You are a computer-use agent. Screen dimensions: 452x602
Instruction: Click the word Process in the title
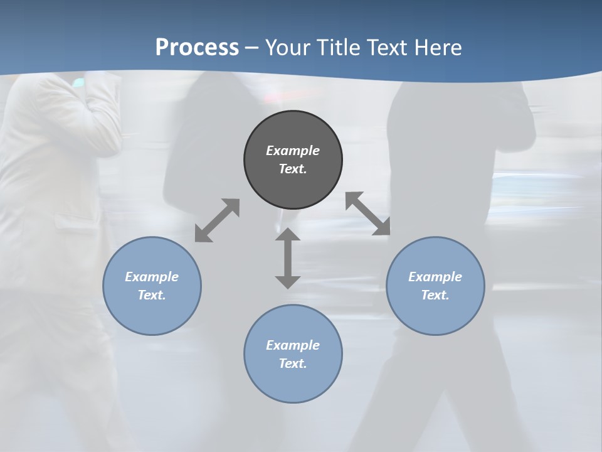point(197,48)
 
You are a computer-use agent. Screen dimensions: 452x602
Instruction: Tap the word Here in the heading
point(438,48)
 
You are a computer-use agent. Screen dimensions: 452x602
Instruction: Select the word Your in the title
point(288,48)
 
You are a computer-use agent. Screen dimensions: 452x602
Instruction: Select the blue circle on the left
point(152,314)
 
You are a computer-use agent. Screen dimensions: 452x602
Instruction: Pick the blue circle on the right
point(435,314)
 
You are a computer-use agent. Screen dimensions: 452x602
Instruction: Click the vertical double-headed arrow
point(288,258)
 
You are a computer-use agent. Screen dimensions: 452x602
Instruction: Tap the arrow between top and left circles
point(217,220)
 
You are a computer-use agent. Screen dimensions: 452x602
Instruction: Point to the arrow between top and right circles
point(368,213)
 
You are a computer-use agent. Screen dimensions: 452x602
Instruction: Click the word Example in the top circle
point(293,151)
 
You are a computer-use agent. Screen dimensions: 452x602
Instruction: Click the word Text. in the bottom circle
point(293,363)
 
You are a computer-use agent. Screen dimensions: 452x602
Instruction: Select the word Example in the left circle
point(152,277)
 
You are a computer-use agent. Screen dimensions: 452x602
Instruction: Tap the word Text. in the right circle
point(435,295)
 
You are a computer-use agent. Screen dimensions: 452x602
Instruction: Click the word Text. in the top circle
point(293,169)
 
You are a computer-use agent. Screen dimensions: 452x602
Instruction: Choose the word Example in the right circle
point(435,277)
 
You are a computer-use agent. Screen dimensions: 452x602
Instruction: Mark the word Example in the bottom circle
point(293,345)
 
